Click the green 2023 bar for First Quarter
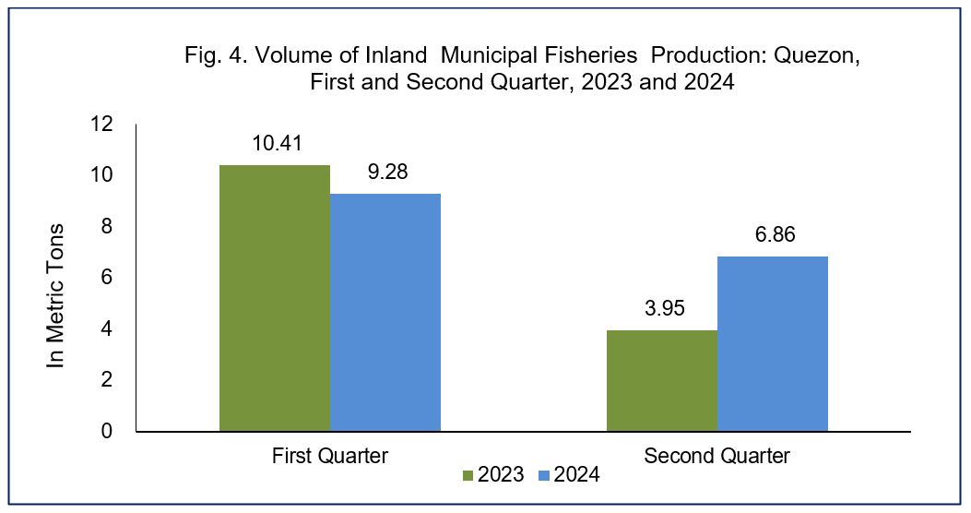(274, 298)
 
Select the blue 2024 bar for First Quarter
(385, 312)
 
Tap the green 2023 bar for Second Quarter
(662, 380)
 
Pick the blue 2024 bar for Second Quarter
(773, 344)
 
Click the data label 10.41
(277, 144)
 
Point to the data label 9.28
(387, 172)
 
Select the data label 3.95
(665, 308)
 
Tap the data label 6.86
(775, 234)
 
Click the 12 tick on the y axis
(102, 125)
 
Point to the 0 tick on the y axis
(107, 431)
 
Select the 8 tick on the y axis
(107, 226)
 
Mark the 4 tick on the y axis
(107, 328)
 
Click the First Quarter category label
(330, 456)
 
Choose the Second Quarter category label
(717, 456)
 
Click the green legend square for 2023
(468, 475)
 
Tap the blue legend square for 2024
(544, 475)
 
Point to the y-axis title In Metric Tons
(55, 296)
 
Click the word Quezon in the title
(817, 55)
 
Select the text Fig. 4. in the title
(216, 55)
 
